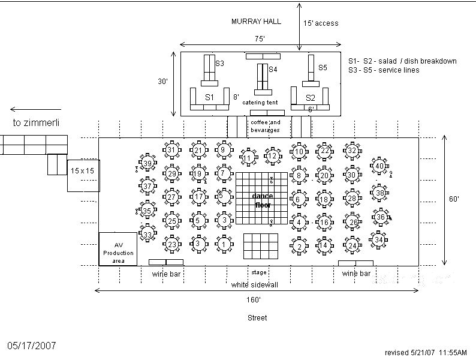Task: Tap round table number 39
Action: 147,163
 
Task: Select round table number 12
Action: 272,156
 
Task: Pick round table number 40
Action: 379,166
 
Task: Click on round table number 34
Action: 379,240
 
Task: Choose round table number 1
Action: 224,244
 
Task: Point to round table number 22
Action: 324,151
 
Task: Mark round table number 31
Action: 172,150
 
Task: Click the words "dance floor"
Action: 262,200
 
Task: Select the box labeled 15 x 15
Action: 83,171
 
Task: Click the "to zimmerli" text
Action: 37,122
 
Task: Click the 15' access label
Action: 321,23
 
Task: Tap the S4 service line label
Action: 272,70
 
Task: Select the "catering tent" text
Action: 260,103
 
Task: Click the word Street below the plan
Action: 257,317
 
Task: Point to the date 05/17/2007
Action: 31,346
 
